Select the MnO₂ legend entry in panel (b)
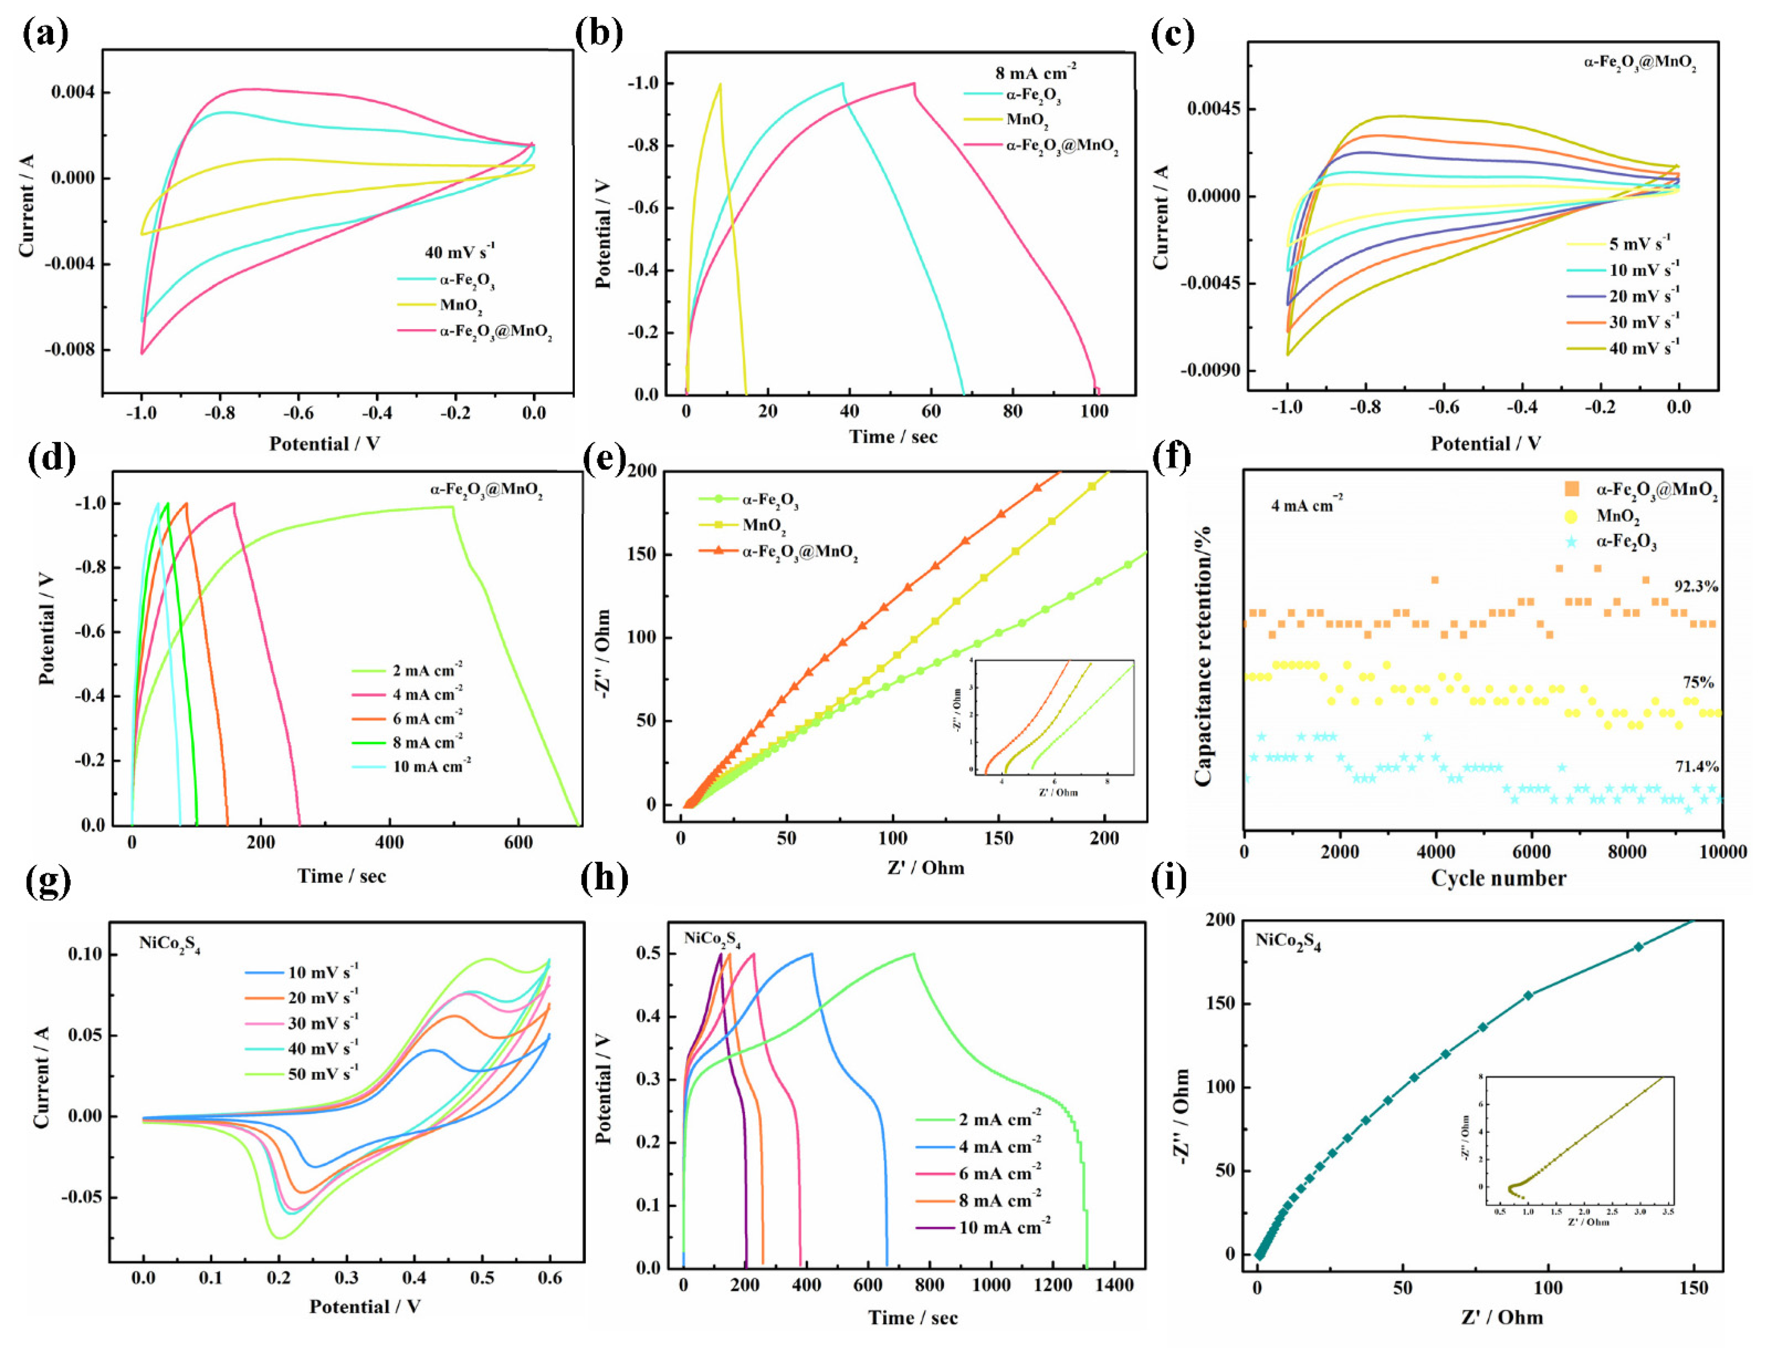tap(1027, 120)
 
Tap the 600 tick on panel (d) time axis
tap(518, 843)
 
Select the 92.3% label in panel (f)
tap(1696, 586)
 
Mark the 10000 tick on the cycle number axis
tap(1723, 852)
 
